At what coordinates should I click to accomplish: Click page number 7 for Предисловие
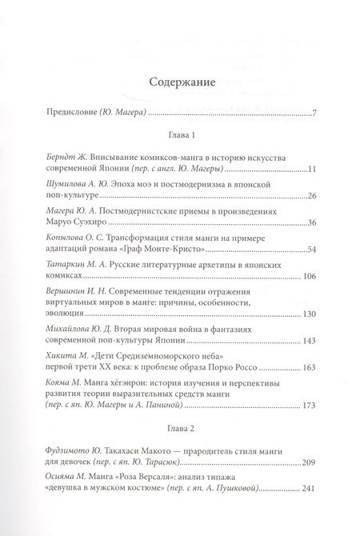click(314, 110)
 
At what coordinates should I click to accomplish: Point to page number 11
click(312, 171)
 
